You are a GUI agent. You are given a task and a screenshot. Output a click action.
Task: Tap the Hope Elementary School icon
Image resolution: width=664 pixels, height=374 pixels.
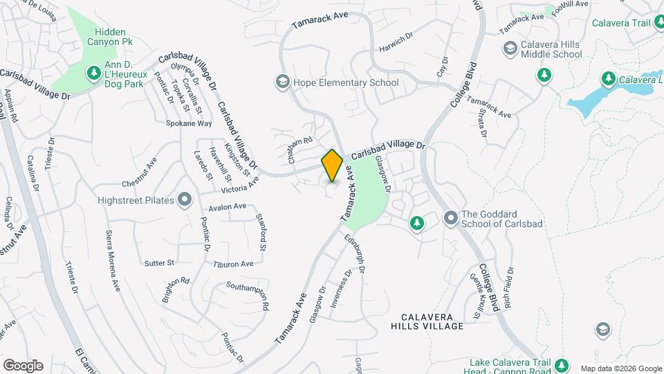click(282, 82)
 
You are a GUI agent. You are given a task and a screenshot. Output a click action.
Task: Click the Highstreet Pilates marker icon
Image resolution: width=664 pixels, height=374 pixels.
click(185, 200)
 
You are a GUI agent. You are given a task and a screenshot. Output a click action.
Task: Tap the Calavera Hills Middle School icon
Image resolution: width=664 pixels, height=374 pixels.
click(510, 48)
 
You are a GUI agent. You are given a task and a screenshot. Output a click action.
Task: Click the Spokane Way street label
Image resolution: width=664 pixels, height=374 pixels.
click(189, 123)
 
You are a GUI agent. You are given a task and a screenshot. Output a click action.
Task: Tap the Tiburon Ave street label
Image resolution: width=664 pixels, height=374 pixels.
click(233, 264)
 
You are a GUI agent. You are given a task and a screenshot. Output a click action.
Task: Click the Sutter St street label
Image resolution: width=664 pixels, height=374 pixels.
click(160, 263)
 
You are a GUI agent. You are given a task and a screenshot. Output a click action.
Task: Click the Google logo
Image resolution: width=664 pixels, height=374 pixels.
click(23, 365)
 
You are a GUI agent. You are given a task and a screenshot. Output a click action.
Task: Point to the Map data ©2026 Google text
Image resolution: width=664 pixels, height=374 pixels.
click(620, 368)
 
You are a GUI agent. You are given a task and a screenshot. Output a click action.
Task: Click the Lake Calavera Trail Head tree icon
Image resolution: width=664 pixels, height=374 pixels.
click(562, 364)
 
